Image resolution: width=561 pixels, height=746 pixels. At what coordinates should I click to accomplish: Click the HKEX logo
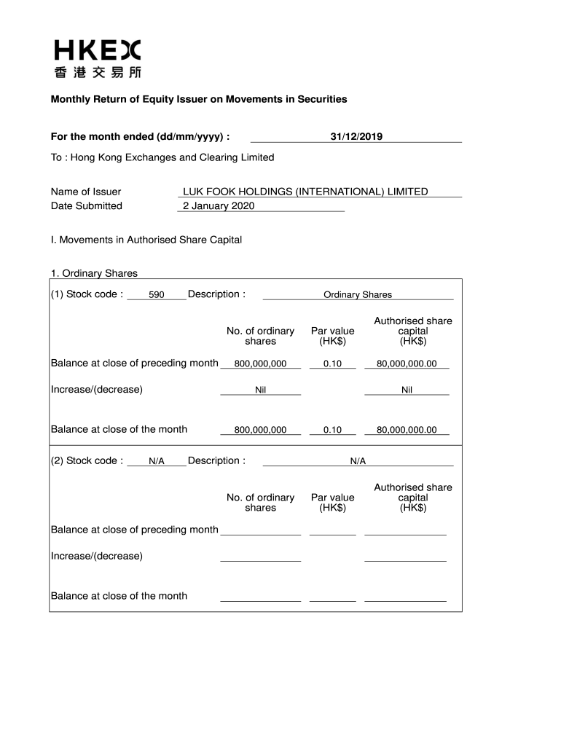(x=97, y=58)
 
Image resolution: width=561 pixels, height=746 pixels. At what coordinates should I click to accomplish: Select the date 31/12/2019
(x=356, y=136)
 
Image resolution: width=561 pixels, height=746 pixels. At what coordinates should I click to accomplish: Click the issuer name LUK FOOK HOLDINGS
(x=305, y=192)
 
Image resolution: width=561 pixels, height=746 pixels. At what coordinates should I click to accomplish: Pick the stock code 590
(x=156, y=295)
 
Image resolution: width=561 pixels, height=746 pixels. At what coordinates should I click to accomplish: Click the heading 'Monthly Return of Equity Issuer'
(x=198, y=99)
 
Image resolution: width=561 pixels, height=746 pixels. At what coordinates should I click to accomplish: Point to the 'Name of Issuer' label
(x=86, y=192)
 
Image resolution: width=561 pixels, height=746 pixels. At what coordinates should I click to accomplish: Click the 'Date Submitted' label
(x=87, y=205)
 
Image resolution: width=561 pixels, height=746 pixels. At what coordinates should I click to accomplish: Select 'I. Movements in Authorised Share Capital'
(x=146, y=240)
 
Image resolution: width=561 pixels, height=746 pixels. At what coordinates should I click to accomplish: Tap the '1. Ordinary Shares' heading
(x=94, y=273)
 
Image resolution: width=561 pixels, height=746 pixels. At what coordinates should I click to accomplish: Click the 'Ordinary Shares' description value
(x=358, y=295)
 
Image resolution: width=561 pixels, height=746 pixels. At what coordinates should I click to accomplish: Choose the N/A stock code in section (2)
(x=156, y=461)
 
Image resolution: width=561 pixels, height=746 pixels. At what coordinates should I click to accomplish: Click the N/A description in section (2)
(x=358, y=461)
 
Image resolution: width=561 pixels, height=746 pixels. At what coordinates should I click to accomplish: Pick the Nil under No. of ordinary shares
(x=260, y=390)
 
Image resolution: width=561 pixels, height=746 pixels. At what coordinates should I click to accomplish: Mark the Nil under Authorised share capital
(x=407, y=390)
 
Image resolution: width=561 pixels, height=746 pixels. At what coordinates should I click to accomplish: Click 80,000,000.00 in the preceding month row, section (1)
(x=407, y=364)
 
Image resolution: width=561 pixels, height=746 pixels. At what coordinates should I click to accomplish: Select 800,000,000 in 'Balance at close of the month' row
(x=260, y=430)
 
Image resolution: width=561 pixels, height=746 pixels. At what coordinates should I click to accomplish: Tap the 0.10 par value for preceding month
(x=332, y=364)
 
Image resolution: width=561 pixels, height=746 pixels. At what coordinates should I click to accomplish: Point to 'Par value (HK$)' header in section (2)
(x=332, y=503)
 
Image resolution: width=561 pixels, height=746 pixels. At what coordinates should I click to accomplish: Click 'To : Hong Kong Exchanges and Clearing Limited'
(x=162, y=157)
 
